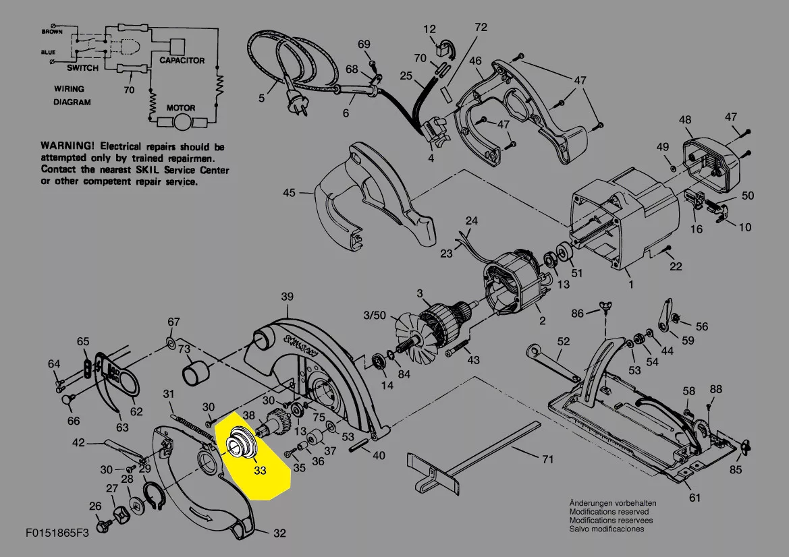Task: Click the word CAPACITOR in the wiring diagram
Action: pyautogui.click(x=182, y=60)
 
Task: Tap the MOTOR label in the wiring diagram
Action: pyautogui.click(x=181, y=108)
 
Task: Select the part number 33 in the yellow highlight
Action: pyautogui.click(x=260, y=471)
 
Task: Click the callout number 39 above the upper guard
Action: pyautogui.click(x=287, y=297)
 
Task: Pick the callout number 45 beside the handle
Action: pyautogui.click(x=289, y=193)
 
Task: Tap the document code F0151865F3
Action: pyautogui.click(x=57, y=532)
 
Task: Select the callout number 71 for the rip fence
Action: pyautogui.click(x=547, y=459)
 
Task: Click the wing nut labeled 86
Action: pyautogui.click(x=605, y=307)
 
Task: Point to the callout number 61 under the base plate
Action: pyautogui.click(x=695, y=498)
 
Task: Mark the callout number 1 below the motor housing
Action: pyautogui.click(x=631, y=285)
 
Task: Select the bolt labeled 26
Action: pyautogui.click(x=103, y=526)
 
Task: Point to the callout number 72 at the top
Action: pyautogui.click(x=481, y=27)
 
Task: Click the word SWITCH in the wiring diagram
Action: pyautogui.click(x=82, y=68)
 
